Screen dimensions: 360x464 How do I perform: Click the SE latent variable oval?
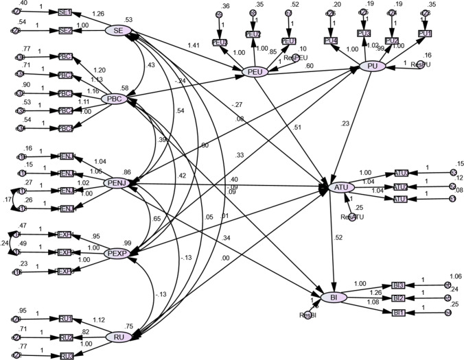pyautogui.click(x=118, y=30)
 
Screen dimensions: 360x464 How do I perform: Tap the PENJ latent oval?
pyautogui.click(x=117, y=183)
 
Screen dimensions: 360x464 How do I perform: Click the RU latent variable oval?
pyautogui.click(x=119, y=336)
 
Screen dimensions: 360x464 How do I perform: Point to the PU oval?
pyautogui.click(x=372, y=67)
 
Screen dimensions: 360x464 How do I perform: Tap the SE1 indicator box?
pyautogui.click(x=65, y=13)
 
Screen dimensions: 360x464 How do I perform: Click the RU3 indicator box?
pyautogui.click(x=67, y=356)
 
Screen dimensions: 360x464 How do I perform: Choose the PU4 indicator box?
pyautogui.click(x=330, y=40)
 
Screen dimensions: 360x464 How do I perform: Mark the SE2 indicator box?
pyautogui.click(x=65, y=31)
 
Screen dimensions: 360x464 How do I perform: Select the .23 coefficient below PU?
pyautogui.click(x=363, y=124)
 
